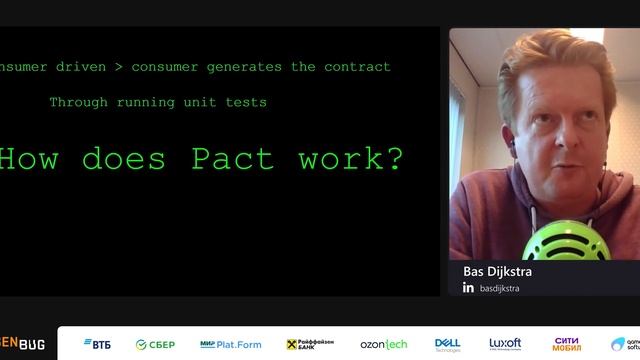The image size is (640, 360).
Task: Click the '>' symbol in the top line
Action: (x=118, y=67)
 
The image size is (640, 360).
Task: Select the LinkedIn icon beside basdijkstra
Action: (x=468, y=288)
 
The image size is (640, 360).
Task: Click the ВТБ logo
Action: (x=95, y=345)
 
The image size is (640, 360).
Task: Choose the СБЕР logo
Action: (x=155, y=345)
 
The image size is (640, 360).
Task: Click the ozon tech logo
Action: (x=384, y=345)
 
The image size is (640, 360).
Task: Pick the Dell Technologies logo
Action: (x=447, y=344)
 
